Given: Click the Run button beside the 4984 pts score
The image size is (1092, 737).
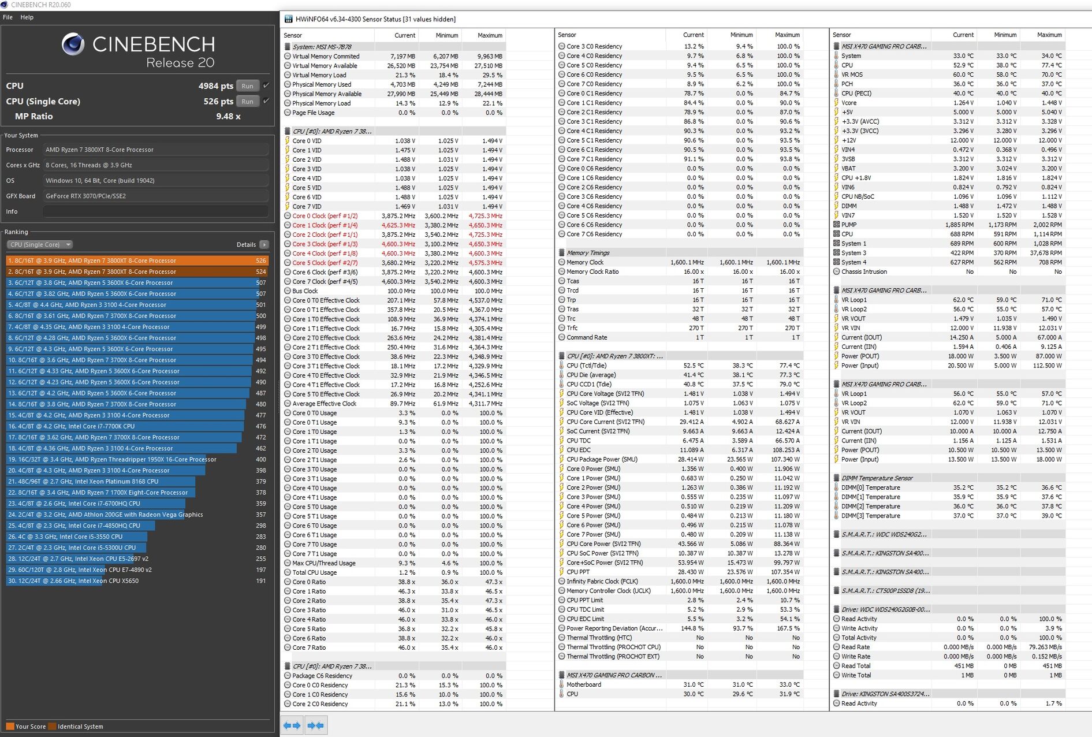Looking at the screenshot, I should click(x=247, y=86).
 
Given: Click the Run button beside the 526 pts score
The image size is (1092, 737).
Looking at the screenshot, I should click(x=247, y=102).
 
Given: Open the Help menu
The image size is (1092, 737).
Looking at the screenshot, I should click(x=27, y=17).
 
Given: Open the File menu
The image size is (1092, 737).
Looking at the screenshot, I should click(x=8, y=17).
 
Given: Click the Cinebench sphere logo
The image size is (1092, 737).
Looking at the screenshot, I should click(x=73, y=44).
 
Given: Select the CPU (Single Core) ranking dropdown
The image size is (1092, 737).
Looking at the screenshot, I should click(x=39, y=245).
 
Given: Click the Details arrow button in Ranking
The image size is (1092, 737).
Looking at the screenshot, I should click(x=264, y=245).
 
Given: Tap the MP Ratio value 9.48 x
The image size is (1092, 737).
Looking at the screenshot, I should click(x=228, y=117).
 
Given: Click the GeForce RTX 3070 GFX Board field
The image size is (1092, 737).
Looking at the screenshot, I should click(x=156, y=196).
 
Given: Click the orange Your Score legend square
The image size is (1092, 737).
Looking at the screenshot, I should click(x=10, y=727).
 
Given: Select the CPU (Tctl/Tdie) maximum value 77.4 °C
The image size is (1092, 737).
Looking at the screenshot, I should click(x=789, y=366).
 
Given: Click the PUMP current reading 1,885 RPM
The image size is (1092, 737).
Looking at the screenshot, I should click(x=959, y=225).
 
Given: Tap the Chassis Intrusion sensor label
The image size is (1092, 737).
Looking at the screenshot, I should click(x=864, y=271).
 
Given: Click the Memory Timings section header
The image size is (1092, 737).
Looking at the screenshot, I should click(x=588, y=253).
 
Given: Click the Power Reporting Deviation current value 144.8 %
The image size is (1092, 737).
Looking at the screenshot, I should click(x=692, y=628).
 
